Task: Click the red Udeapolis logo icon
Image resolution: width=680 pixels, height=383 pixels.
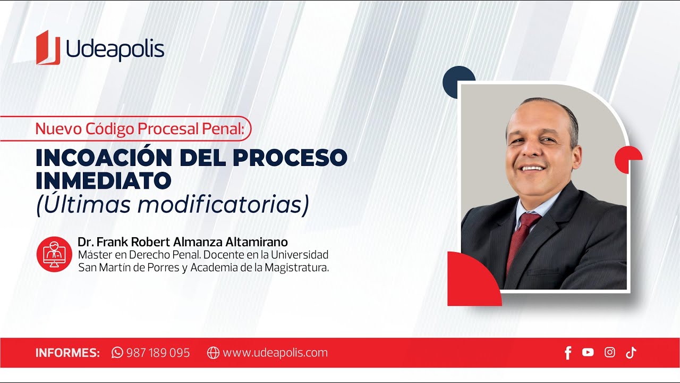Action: coord(48,48)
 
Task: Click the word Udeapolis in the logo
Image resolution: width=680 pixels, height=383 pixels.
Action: coord(115,49)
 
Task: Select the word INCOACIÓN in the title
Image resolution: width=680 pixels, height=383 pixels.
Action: coord(100,157)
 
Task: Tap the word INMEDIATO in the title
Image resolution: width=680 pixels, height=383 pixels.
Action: coord(104,181)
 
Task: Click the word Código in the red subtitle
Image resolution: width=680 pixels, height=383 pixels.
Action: coord(107,129)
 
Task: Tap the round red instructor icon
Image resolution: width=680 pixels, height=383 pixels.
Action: coord(54,254)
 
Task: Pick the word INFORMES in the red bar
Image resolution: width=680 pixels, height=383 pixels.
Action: coord(67,353)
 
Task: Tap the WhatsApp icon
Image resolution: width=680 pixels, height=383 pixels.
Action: coord(117,353)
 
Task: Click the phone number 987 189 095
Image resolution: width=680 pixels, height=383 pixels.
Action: coord(158,353)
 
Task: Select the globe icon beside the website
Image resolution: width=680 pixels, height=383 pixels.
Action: coord(213,353)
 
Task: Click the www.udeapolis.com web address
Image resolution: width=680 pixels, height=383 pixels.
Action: coord(275,353)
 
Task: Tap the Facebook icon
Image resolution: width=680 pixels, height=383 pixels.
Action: coord(568,353)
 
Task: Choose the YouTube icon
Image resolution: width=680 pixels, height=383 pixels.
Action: coord(588,352)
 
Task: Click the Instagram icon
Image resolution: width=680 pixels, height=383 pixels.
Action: coord(610,352)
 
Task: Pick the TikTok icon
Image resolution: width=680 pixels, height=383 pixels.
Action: coord(631,352)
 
